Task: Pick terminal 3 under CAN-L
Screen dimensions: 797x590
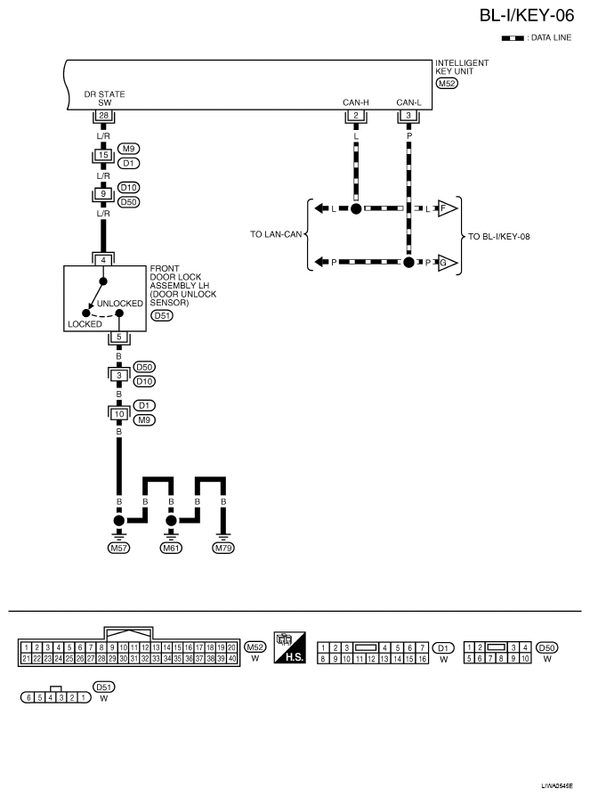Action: click(x=408, y=117)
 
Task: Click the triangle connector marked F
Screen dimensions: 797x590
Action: click(x=446, y=209)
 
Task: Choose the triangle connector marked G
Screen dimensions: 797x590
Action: click(x=446, y=263)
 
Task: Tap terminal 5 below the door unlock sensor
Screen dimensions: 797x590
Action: click(x=118, y=337)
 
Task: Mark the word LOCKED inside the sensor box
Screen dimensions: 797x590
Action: click(x=85, y=324)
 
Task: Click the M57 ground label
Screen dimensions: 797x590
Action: click(x=118, y=548)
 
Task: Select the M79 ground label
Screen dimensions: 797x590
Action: click(x=223, y=548)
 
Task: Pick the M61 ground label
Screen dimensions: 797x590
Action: click(x=171, y=548)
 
